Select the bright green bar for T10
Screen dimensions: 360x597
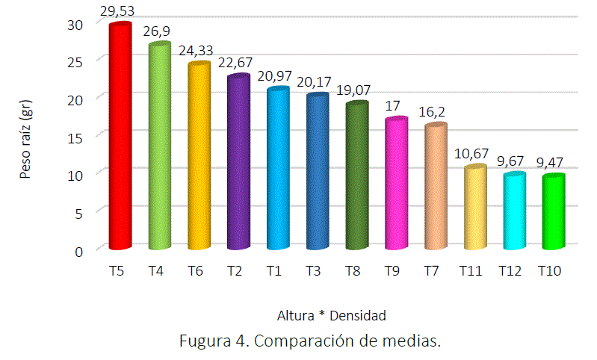click(x=553, y=212)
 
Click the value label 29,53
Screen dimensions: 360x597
click(x=120, y=11)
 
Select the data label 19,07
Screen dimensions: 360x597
click(x=356, y=90)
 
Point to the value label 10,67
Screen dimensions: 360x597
click(x=474, y=154)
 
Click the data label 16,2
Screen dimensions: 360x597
click(x=435, y=113)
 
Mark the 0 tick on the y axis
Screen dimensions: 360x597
click(x=78, y=249)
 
